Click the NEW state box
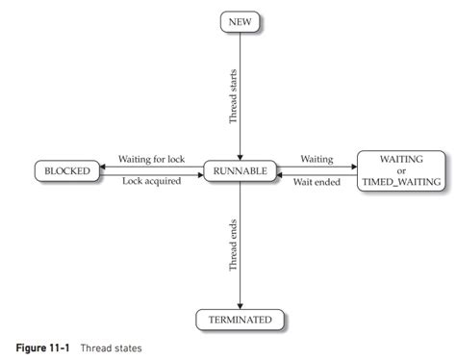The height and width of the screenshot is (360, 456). pyautogui.click(x=239, y=20)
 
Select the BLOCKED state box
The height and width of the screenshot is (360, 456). pyautogui.click(x=66, y=170)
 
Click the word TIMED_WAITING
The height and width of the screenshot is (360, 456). pyautogui.click(x=400, y=181)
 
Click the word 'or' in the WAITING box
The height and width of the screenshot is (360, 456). pyautogui.click(x=400, y=169)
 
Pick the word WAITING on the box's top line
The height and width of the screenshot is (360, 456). pyautogui.click(x=400, y=158)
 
